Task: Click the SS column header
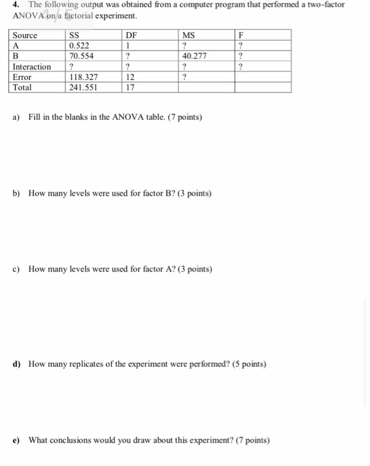tap(75, 35)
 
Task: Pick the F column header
tap(242, 35)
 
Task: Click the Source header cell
tap(25, 35)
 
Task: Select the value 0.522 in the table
tap(81, 46)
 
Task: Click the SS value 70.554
tap(83, 57)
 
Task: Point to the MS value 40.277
tap(193, 57)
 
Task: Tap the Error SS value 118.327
tap(85, 77)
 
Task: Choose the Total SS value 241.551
tap(85, 87)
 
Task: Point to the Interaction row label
tap(32, 67)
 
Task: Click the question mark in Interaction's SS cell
tap(71, 67)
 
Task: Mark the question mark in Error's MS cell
tap(183, 77)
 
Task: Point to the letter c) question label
tap(16, 269)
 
